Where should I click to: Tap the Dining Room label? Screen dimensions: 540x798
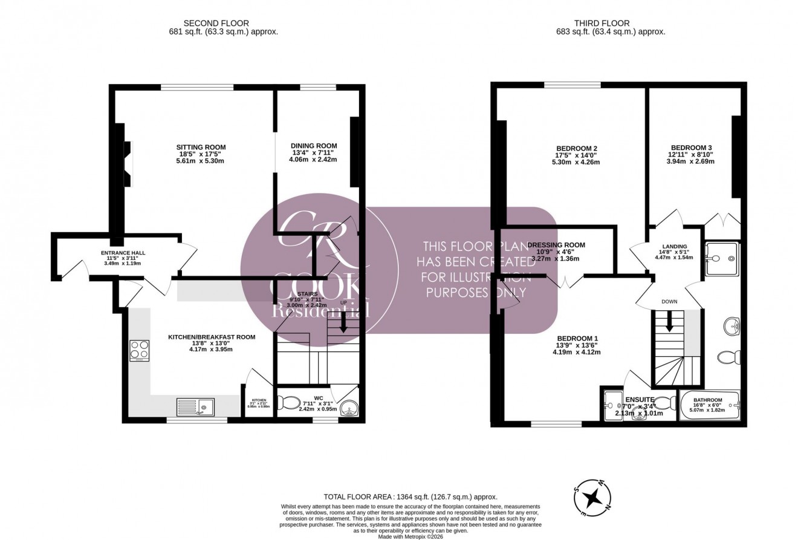(x=314, y=146)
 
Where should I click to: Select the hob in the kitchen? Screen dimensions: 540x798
(x=140, y=350)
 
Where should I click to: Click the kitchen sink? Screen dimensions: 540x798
(x=195, y=407)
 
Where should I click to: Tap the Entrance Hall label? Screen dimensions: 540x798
(x=123, y=253)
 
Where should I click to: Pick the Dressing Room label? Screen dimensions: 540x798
(x=556, y=245)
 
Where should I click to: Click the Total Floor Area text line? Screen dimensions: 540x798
(x=410, y=496)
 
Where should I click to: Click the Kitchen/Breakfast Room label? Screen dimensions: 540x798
(x=211, y=337)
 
